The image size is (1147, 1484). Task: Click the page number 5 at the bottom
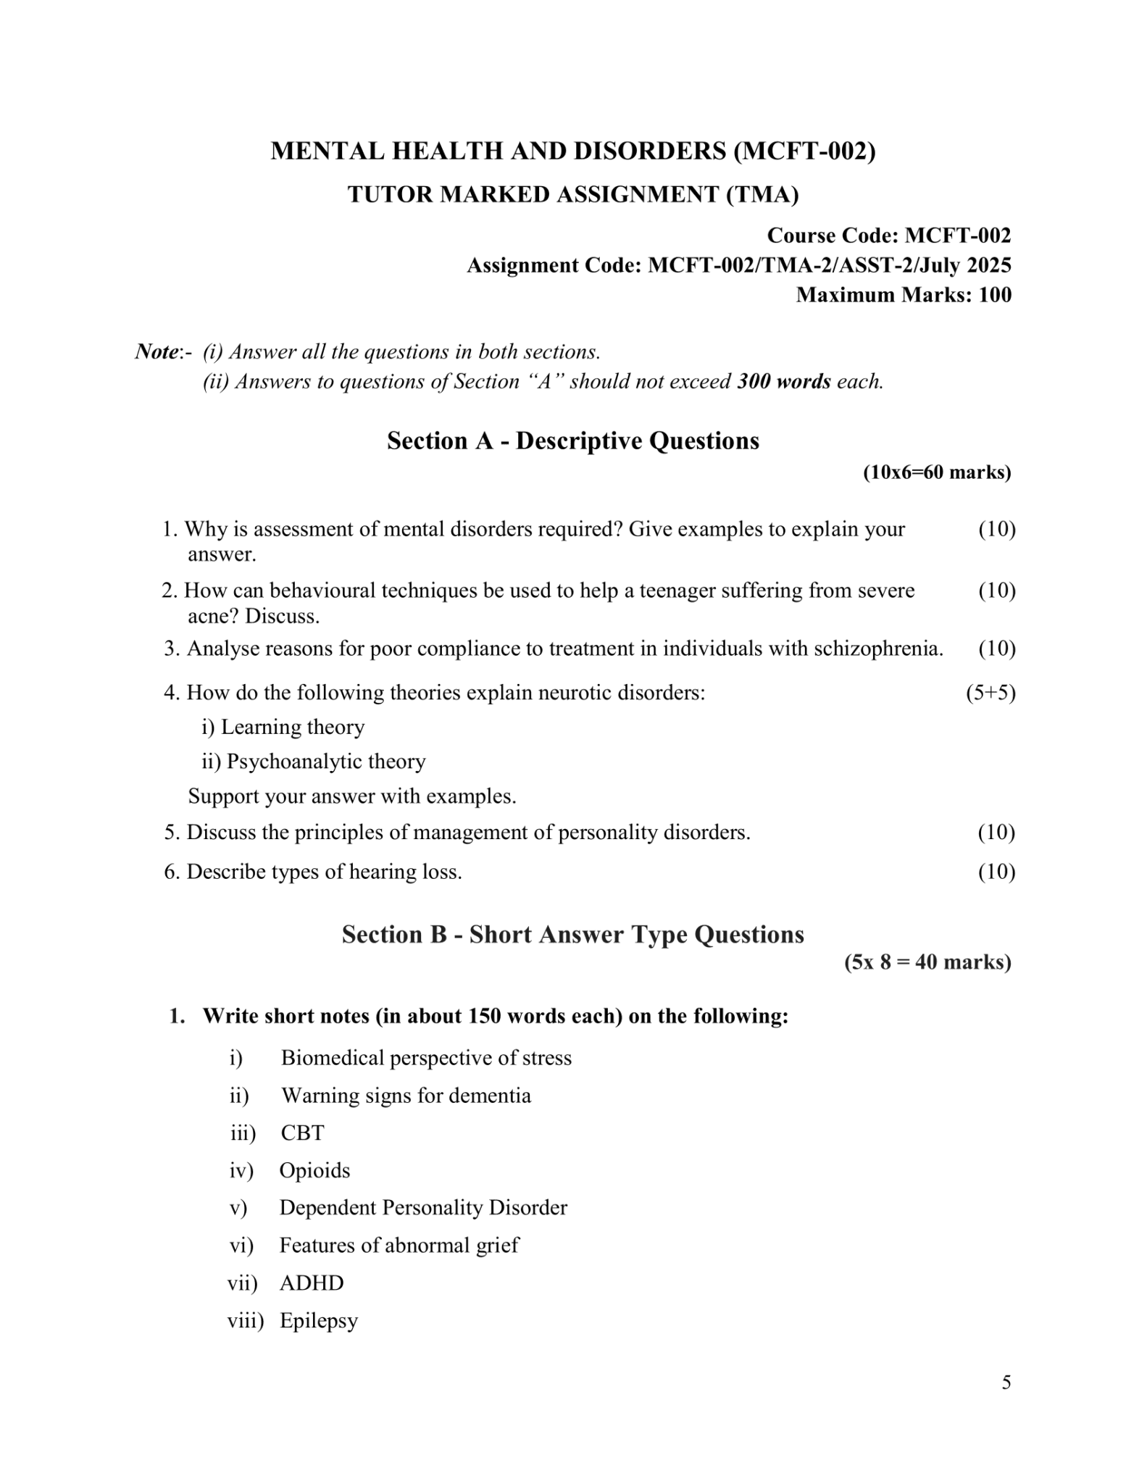pos(1006,1383)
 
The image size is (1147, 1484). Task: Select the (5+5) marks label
pos(990,693)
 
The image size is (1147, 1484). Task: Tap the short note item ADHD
pos(312,1283)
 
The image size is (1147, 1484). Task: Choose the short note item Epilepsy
pos(319,1320)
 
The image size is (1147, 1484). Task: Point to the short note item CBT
pos(302,1133)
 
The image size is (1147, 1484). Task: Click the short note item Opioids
pos(314,1170)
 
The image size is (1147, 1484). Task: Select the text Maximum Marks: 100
pos(904,295)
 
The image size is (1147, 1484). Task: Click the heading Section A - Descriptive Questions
pos(572,441)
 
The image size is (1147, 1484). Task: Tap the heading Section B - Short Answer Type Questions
pos(572,934)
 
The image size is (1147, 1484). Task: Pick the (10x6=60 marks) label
pos(936,472)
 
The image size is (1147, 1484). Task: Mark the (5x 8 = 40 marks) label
pos(927,962)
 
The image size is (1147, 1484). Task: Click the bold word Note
pos(157,352)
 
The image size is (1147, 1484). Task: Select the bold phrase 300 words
pos(783,382)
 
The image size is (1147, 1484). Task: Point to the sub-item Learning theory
pos(292,727)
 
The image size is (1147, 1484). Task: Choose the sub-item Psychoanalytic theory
pos(325,762)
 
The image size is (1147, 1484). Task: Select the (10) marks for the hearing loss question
pos(996,872)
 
